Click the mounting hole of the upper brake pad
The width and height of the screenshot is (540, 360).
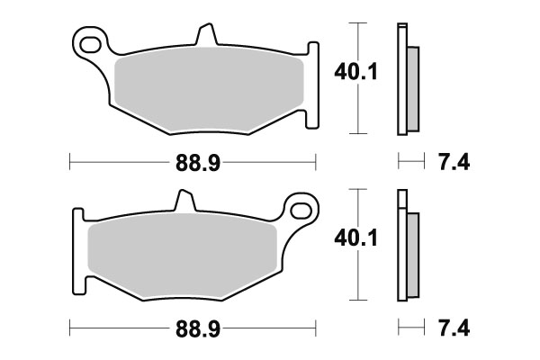tap(88, 41)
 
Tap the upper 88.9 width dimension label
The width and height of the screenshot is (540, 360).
tap(197, 162)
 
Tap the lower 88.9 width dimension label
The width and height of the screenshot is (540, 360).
tap(197, 327)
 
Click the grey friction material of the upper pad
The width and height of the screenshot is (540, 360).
tap(209, 87)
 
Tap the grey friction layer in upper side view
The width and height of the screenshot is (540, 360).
tap(412, 87)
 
